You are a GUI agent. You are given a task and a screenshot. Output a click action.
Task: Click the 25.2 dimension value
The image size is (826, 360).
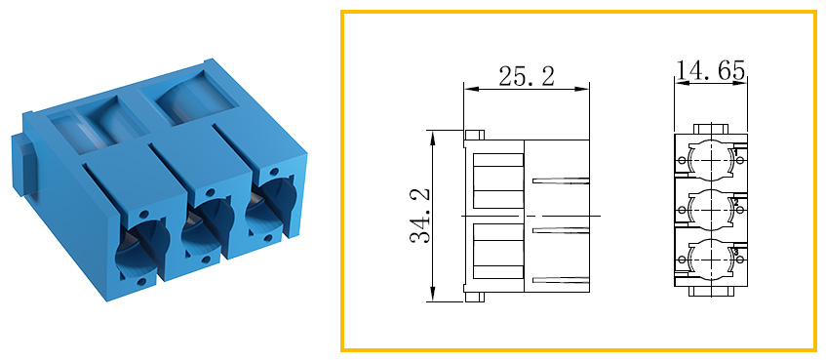click(527, 77)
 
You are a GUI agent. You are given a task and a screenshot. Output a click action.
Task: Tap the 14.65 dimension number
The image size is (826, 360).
click(711, 71)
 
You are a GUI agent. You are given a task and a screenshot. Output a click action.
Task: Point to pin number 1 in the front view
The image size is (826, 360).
click(736, 152)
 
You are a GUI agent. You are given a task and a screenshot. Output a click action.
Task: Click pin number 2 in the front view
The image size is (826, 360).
click(736, 202)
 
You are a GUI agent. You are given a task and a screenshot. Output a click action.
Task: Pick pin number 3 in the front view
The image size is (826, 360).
click(736, 252)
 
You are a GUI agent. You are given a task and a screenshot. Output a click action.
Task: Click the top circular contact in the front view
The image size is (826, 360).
click(711, 160)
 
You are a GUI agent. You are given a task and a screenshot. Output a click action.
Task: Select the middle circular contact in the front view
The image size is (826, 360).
click(711, 210)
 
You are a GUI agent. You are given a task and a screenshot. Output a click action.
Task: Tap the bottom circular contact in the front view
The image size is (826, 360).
click(711, 260)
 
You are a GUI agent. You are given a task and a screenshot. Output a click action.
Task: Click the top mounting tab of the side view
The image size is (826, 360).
click(474, 135)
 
